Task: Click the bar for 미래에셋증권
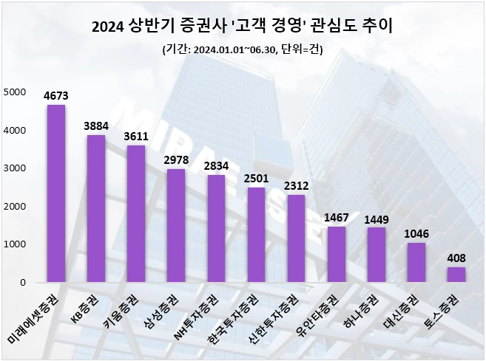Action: tap(56, 193)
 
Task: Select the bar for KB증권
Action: tap(96, 209)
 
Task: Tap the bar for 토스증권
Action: tap(456, 275)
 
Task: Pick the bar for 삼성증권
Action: tap(176, 226)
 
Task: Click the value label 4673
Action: tap(56, 94)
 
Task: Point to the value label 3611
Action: tap(136, 135)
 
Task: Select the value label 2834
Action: tap(216, 165)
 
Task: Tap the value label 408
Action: tap(456, 257)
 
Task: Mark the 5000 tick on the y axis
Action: tap(14, 92)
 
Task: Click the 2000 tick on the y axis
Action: tap(14, 207)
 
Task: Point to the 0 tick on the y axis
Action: tap(22, 283)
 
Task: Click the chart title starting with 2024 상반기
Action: tap(243, 28)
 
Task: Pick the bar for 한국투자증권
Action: tap(256, 235)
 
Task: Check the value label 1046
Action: tap(416, 233)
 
